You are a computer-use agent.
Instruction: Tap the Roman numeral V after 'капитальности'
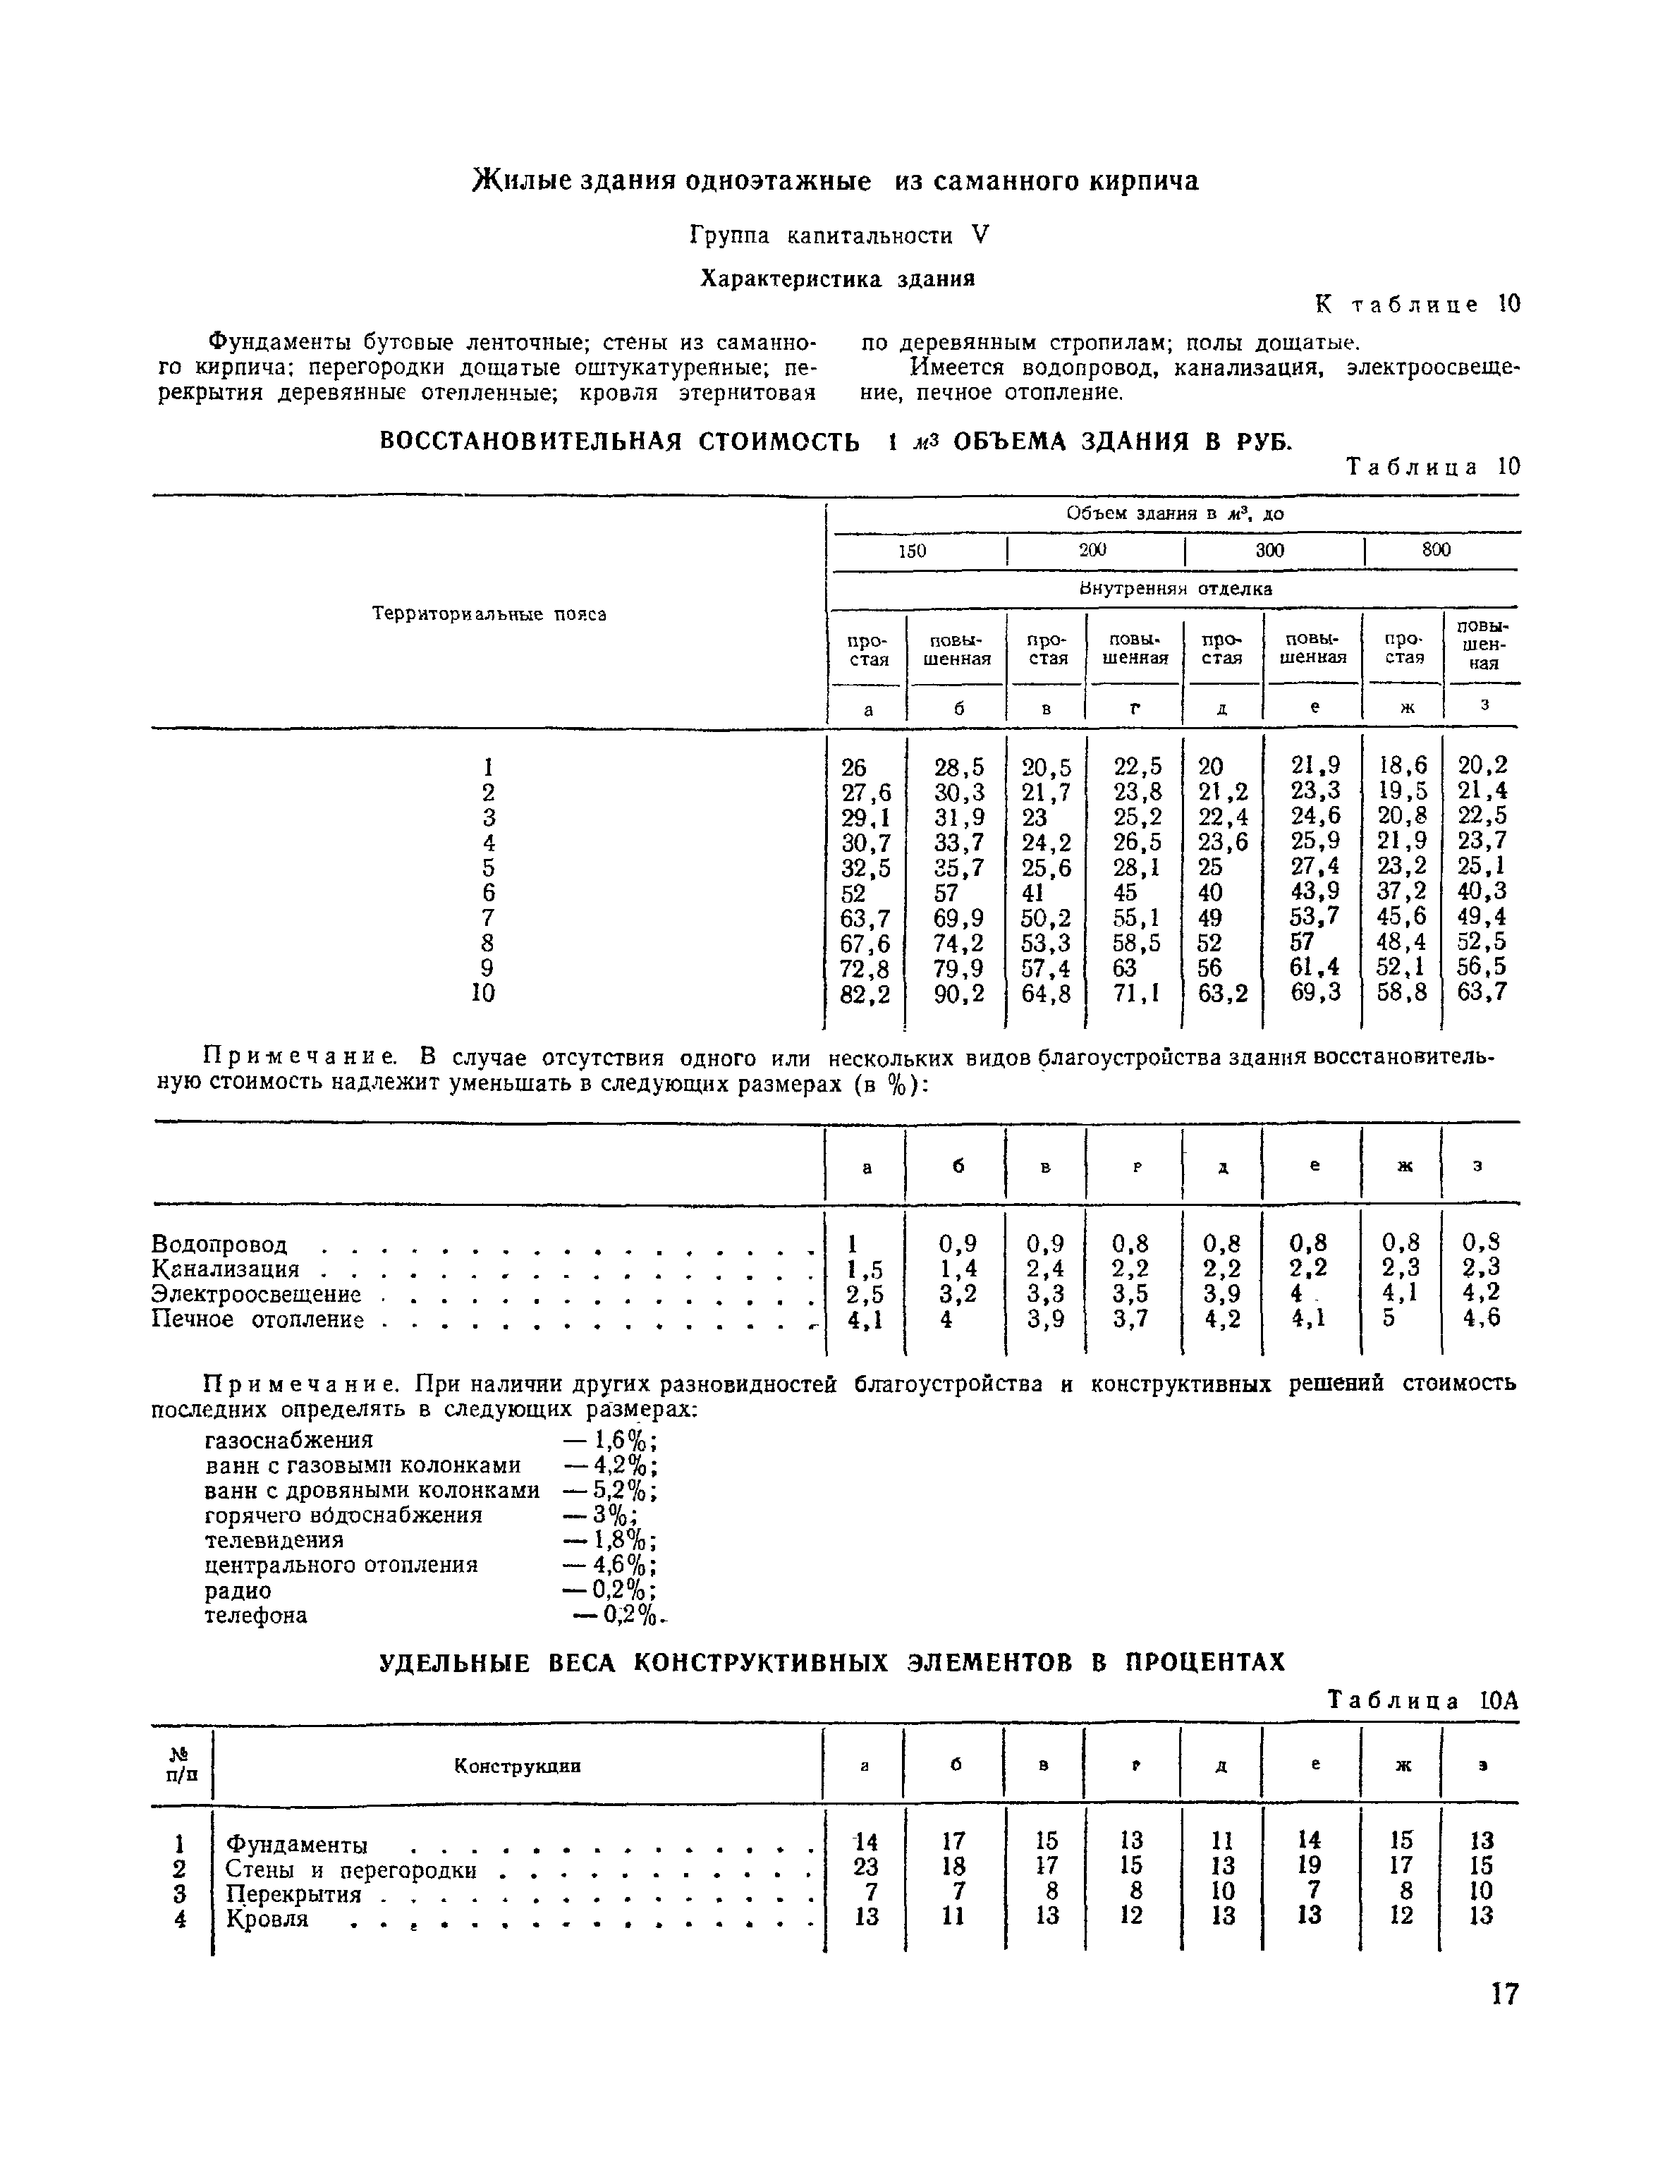pyautogui.click(x=980, y=235)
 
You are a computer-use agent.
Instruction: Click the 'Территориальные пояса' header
pyautogui.click(x=489, y=614)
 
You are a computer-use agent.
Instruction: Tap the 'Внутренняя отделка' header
pyautogui.click(x=1174, y=589)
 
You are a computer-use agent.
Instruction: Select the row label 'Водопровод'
pyautogui.click(x=219, y=1245)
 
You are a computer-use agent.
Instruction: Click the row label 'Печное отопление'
pyautogui.click(x=257, y=1320)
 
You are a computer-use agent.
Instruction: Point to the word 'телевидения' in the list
pyautogui.click(x=274, y=1541)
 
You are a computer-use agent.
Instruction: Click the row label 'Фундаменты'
pyautogui.click(x=296, y=1845)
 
